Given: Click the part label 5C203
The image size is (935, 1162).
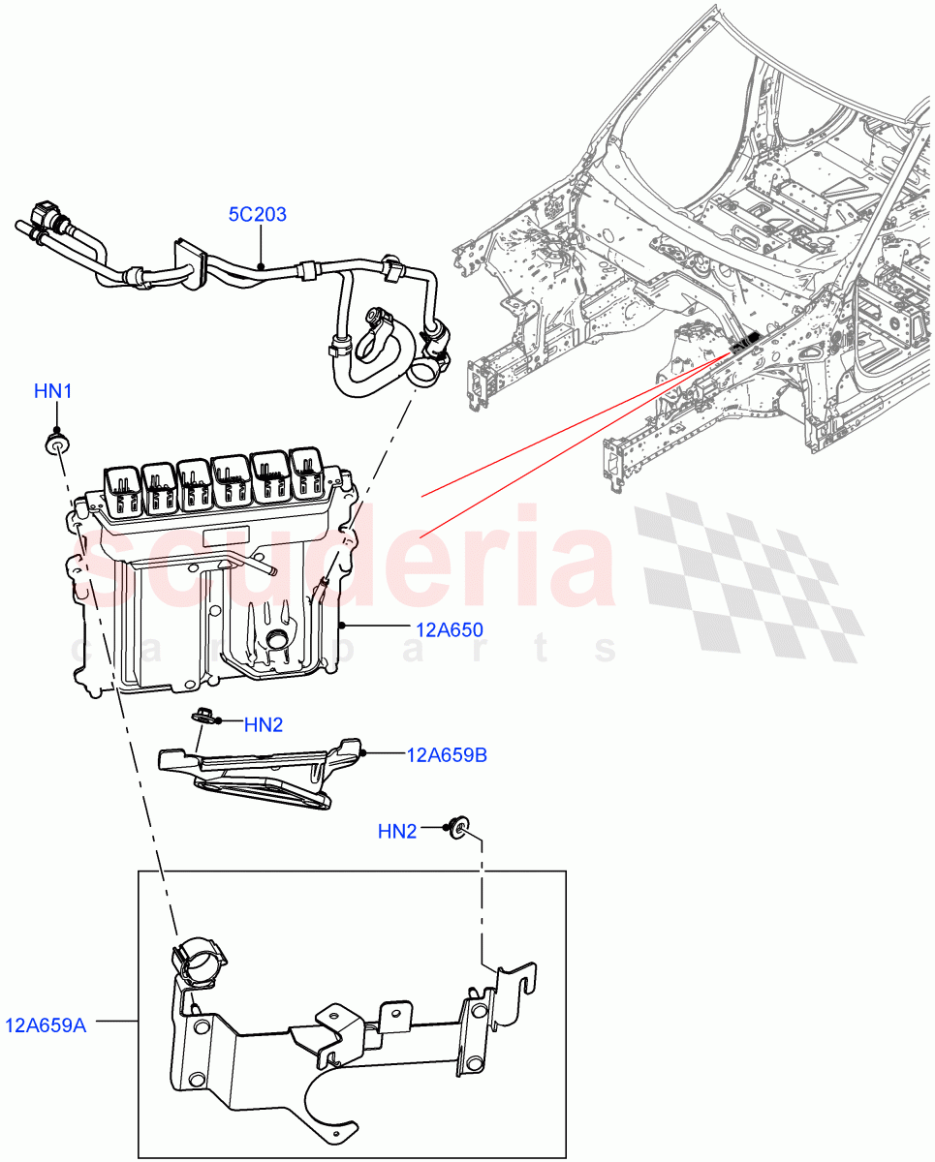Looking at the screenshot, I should tap(257, 214).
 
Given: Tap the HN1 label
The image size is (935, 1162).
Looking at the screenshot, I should tap(53, 391).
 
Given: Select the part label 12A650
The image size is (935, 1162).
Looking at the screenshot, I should tap(449, 630).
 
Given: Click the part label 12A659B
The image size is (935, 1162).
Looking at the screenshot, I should tap(447, 755).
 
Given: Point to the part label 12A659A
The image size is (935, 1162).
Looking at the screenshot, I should tap(46, 1024).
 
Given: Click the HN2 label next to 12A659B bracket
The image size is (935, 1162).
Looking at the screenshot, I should tap(263, 724).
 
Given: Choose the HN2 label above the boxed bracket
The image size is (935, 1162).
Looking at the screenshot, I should tap(396, 831).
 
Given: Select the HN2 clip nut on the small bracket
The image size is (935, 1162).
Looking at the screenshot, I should tap(203, 717).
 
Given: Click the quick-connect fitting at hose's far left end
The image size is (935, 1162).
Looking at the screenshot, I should tap(44, 215).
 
